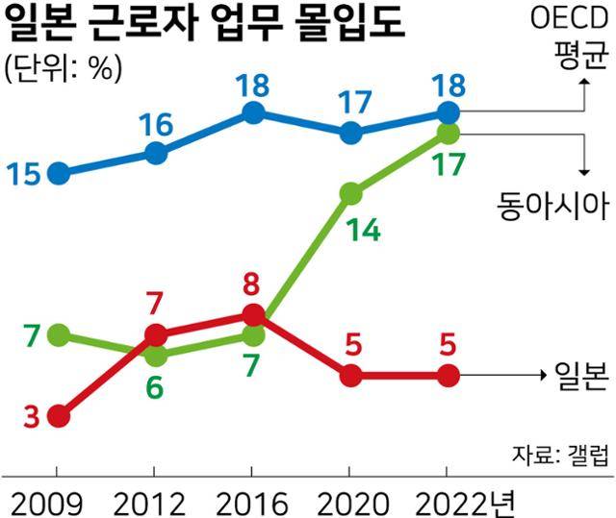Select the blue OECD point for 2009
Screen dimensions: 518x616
click(59, 174)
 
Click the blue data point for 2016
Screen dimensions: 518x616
click(253, 113)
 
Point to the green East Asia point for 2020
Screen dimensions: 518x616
click(350, 193)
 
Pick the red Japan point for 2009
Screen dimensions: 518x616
click(59, 416)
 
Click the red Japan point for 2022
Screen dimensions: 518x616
click(448, 376)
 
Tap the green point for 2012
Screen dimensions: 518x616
click(156, 356)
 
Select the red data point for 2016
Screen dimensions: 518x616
click(253, 315)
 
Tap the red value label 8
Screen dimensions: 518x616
click(253, 284)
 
